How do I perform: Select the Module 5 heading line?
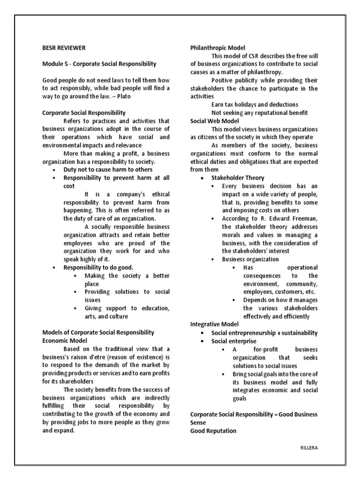(99, 64)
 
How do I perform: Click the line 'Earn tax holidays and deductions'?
(255, 105)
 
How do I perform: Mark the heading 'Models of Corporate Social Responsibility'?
(98, 332)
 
